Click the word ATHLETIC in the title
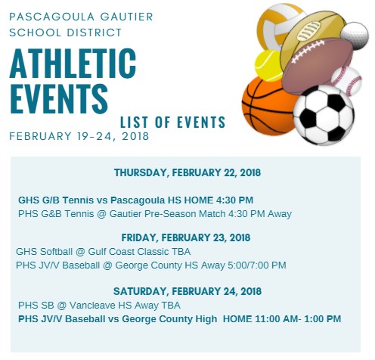73,66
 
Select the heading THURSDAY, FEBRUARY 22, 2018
187,172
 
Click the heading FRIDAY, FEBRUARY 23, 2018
187,237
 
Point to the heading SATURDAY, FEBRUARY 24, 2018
187,291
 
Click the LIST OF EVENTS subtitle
172,123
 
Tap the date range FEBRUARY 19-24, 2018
79,137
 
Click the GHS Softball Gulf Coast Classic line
103,251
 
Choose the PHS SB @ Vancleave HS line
99,306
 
